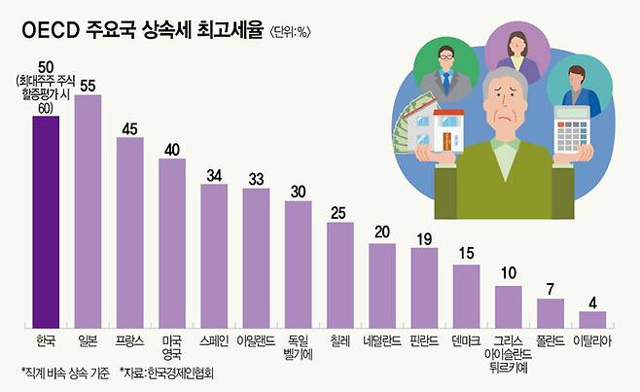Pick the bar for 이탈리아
coord(591,318)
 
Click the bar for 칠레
coord(340,272)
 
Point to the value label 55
coord(88,86)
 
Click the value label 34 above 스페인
coord(214,175)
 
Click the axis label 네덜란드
coord(382,341)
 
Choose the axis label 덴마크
coord(466,341)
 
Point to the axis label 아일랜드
coord(256,341)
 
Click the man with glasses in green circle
coord(448,69)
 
